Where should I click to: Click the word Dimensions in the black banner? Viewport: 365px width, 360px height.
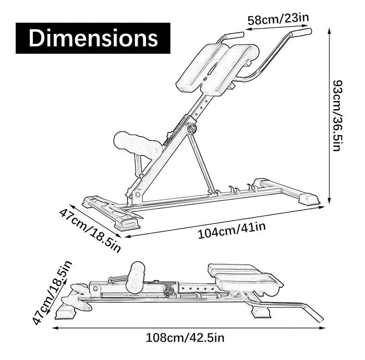click(93, 38)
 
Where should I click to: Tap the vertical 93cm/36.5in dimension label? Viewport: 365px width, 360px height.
click(338, 116)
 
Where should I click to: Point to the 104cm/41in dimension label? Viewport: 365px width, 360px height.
click(232, 230)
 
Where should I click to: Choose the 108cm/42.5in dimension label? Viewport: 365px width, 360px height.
click(185, 338)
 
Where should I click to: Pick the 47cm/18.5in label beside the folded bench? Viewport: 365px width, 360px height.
click(52, 293)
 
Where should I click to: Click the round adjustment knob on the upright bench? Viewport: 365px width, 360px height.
click(191, 128)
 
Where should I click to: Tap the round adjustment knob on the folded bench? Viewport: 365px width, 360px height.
click(168, 291)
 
